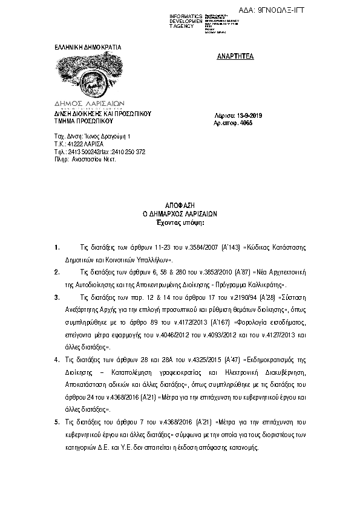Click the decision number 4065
[246, 122]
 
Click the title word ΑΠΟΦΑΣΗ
[180, 206]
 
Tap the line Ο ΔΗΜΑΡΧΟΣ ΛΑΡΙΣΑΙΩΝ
[180, 214]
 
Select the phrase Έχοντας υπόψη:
[180, 222]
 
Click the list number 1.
[56, 248]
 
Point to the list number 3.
[56, 297]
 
